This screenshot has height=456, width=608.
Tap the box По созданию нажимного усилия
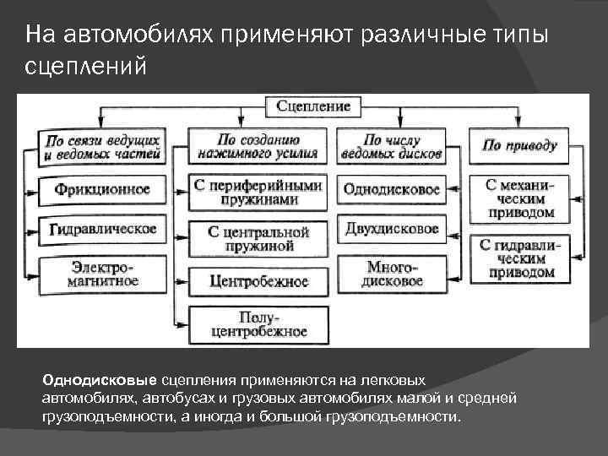coord(258,146)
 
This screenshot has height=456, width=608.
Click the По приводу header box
coord(519,145)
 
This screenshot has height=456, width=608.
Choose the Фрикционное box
coord(102,189)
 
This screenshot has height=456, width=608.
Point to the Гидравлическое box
coord(102,229)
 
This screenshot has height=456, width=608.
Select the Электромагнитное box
coord(102,273)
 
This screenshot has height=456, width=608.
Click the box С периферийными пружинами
coord(258,192)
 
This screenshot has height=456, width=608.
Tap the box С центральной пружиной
coord(258,238)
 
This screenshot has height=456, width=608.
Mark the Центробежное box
coord(258,281)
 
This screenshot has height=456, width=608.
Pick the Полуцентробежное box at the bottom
coord(258,323)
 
